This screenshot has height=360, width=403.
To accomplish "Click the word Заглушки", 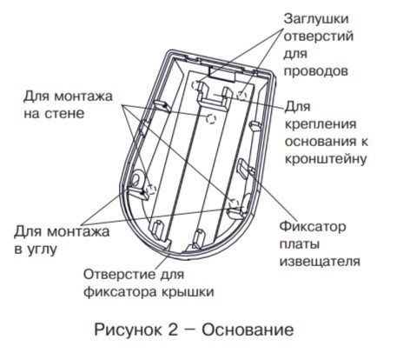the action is [316, 20].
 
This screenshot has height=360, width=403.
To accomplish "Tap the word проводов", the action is [315, 71].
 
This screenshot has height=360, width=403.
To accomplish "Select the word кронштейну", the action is [326, 159].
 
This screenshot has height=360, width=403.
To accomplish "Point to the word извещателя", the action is [320, 262].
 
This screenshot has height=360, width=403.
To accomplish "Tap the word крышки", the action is [188, 292].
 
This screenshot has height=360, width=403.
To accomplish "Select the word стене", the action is [65, 113].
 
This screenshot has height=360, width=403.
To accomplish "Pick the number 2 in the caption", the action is [173, 330].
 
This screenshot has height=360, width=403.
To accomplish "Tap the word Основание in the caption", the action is [248, 330].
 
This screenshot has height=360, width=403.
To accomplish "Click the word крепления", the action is [320, 124].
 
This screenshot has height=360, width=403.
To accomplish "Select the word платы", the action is [300, 244].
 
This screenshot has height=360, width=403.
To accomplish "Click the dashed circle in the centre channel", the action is [211, 118].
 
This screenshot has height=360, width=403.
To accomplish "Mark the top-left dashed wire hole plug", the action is [196, 85].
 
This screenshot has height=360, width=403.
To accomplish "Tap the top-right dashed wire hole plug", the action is [241, 95].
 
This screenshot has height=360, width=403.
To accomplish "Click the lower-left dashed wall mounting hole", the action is [151, 190].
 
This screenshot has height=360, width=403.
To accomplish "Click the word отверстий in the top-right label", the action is [319, 37].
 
